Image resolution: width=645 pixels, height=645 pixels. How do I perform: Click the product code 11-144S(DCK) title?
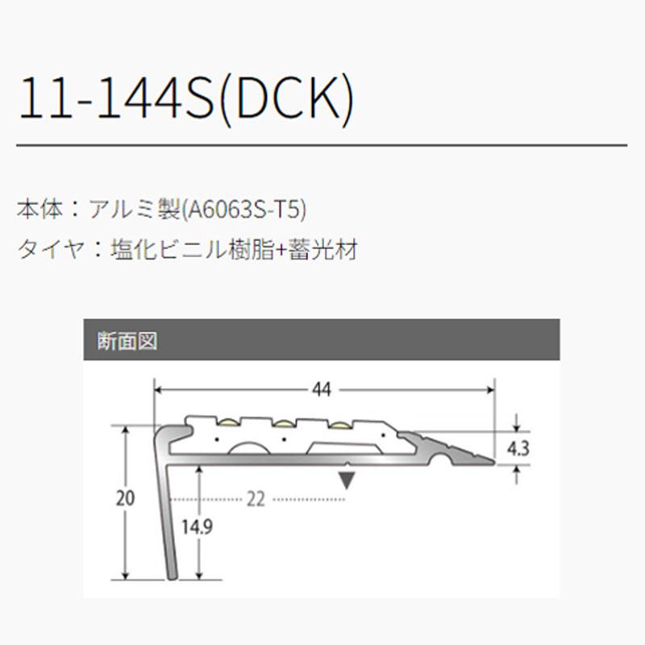click(186, 100)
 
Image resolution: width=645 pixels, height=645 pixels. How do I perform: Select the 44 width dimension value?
click(321, 390)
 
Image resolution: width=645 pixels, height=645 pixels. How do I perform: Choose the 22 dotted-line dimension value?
click(256, 500)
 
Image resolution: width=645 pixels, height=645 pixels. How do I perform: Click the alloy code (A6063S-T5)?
click(245, 210)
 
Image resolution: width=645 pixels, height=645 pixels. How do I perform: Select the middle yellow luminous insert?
click(284, 422)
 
